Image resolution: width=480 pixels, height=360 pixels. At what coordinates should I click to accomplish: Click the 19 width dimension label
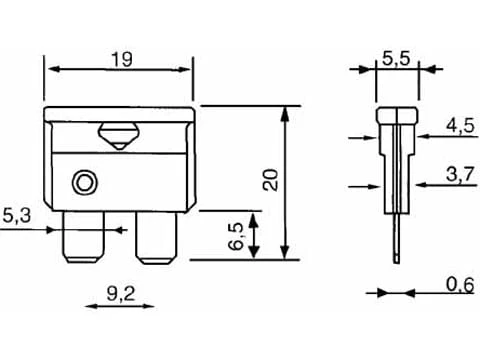[121, 60]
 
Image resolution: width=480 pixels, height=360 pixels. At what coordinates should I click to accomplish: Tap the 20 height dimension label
[270, 180]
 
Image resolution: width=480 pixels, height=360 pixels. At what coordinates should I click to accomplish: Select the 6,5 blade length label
[236, 236]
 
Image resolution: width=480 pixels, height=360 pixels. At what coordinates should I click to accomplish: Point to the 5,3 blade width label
[17, 215]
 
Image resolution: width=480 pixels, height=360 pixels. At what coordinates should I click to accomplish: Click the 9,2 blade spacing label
[121, 294]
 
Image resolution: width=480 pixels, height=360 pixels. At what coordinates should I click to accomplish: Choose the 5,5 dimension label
[396, 59]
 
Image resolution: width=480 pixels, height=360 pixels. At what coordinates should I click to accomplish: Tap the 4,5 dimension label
[460, 126]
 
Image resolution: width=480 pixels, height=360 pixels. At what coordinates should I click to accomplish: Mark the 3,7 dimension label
[460, 174]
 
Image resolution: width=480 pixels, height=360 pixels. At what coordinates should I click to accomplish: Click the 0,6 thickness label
[460, 285]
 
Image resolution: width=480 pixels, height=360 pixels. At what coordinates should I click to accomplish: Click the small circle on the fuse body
[85, 183]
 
